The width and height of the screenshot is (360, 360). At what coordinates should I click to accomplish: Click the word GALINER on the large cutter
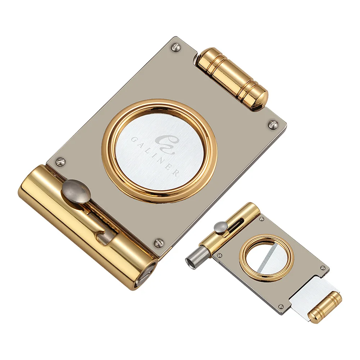click(x=155, y=156)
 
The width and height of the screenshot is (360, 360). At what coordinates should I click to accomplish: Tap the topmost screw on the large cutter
click(x=176, y=47)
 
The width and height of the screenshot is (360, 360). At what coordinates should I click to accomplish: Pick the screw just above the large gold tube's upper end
click(x=61, y=161)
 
